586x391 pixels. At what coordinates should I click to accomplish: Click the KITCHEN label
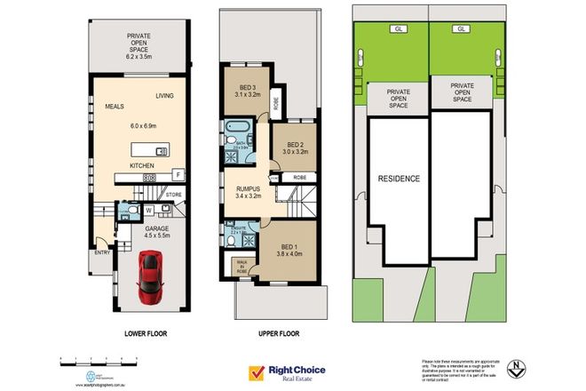pos(143,166)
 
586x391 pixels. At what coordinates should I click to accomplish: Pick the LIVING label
pos(164,95)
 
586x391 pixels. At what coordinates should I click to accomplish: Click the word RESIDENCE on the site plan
pos(399,178)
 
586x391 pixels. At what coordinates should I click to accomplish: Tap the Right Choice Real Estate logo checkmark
pos(260,371)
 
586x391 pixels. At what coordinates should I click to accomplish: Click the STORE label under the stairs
pos(173,194)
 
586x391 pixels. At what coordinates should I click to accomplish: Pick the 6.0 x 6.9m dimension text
pos(143,125)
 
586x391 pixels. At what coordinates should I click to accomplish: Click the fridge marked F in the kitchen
pos(178,174)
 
